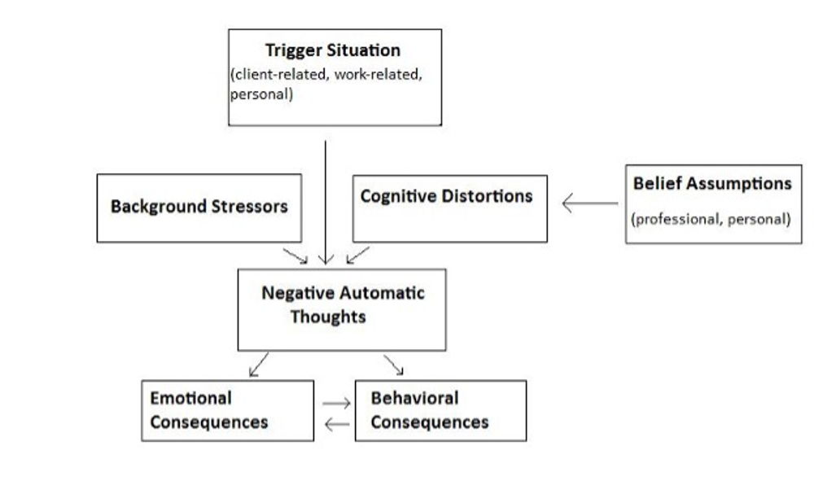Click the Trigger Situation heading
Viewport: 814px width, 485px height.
coord(332,50)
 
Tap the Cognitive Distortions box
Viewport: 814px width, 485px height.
coord(449,208)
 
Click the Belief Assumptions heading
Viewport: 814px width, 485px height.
coord(712,184)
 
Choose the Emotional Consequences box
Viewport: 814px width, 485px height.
coord(227,410)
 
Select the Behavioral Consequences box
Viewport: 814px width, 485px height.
coord(440,410)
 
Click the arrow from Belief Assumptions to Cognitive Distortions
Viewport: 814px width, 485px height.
coord(590,203)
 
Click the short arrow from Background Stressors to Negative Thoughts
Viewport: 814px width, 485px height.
coord(295,256)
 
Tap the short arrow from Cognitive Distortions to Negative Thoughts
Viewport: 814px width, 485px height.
coord(357,256)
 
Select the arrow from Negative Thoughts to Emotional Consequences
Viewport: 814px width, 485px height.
coord(260,365)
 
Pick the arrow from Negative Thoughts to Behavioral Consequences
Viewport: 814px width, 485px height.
coord(393,365)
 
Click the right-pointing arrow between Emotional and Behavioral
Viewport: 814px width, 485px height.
coord(335,403)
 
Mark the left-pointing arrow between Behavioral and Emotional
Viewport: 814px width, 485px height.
coord(336,424)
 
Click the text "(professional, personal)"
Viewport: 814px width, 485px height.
coord(711,219)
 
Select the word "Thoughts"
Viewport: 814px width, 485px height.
coord(328,317)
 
